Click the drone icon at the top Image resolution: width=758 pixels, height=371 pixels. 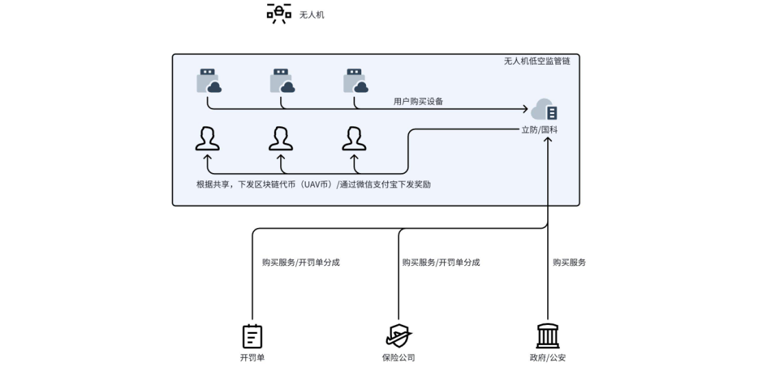tap(279, 14)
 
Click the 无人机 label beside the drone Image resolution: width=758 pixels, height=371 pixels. tap(312, 14)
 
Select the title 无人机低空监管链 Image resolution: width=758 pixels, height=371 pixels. tap(537, 61)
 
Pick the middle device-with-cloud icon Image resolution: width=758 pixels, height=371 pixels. tap(282, 80)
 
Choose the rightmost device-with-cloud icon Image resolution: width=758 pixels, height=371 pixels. tap(356, 80)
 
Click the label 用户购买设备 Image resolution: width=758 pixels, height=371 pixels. tap(418, 101)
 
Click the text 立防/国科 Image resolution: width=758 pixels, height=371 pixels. tap(540, 129)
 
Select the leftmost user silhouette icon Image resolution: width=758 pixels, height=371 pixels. tap(207, 138)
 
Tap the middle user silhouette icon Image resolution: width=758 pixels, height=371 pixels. tap(281, 138)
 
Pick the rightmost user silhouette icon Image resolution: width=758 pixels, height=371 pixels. tap(354, 138)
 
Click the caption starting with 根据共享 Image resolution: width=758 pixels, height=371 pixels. tap(314, 184)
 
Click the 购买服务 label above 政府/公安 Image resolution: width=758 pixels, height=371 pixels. tap(569, 262)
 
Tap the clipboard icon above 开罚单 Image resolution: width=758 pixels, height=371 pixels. tap(253, 336)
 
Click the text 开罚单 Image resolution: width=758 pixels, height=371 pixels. tap(252, 357)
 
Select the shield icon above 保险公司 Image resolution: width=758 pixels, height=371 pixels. tap(398, 336)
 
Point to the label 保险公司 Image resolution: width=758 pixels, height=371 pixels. tap(398, 357)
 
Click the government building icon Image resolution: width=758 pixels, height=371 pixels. tap(547, 336)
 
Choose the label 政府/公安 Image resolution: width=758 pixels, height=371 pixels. tap(547, 357)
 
